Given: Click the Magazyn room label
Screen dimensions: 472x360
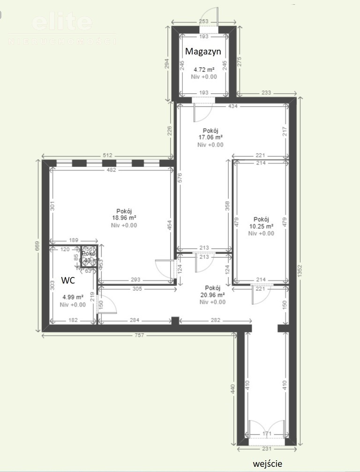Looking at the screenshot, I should pos(203,51).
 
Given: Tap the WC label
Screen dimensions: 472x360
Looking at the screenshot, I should pos(68,281).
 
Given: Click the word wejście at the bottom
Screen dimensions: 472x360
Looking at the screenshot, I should pos(267,464).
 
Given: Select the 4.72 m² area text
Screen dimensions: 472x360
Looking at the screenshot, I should pos(204,70).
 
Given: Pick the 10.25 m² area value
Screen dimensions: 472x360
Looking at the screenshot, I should pos(261,226).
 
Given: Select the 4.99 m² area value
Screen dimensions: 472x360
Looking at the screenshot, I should pos(73,297).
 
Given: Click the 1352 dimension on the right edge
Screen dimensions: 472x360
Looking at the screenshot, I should pos(300,273).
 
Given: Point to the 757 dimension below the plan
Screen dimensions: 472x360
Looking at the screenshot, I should pos(139,335).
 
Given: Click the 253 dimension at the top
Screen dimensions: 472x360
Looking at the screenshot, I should pos(203,22).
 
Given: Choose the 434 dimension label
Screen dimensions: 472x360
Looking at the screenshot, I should pos(232,106).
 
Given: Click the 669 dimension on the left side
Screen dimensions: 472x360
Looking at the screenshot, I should pos(38,246).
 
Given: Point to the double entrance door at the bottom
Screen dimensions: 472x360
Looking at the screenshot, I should pos(267,431).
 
